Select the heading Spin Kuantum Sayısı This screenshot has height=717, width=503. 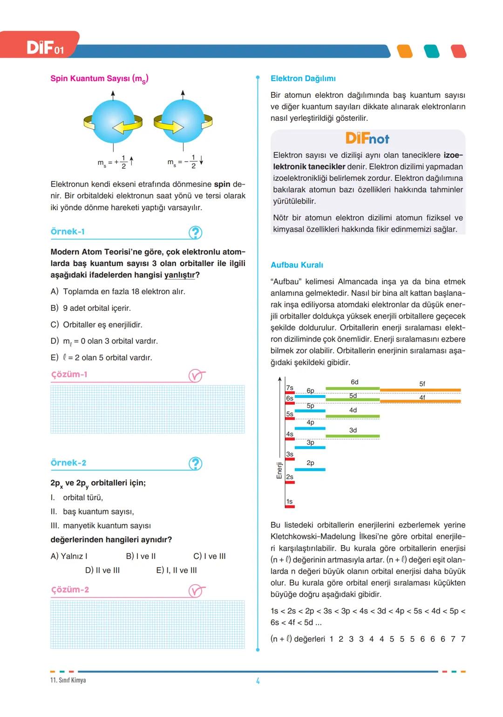tap(99, 79)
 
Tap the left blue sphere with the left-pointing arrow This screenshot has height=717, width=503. tap(113, 122)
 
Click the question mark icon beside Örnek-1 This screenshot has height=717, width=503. tap(195, 232)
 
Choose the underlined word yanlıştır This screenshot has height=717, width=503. tap(179, 275)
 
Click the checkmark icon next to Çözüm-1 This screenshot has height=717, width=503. tap(196, 376)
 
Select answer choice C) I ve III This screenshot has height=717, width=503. tap(209, 556)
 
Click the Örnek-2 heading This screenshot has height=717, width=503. tap(68, 463)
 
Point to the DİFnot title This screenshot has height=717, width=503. tap(367, 138)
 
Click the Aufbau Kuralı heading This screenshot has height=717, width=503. tap(297, 265)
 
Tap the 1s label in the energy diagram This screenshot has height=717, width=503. tap(289, 502)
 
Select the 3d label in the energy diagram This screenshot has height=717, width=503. tap(353, 430)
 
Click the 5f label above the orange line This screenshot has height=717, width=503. tap(422, 384)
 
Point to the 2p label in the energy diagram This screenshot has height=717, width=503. tap(310, 463)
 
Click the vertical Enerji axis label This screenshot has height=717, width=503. tap(279, 470)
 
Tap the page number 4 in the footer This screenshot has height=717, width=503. tap(258, 681)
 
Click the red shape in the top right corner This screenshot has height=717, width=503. tap(458, 51)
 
